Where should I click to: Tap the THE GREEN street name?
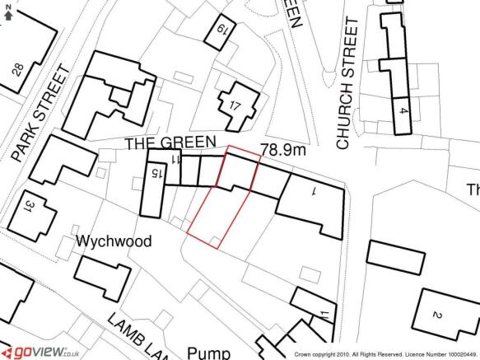pos(170,143)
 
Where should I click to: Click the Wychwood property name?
pos(114,242)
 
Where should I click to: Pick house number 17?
pos(235,105)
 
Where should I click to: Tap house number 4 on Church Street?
pos(402,110)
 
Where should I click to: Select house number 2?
pos(437,316)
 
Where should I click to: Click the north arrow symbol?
pos(8,12)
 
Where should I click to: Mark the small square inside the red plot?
pos(215,239)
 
